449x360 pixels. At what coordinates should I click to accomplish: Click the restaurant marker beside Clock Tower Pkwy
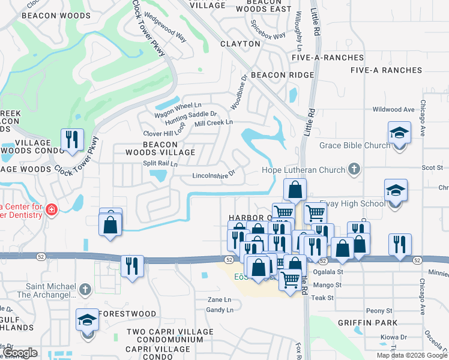(x=72, y=140)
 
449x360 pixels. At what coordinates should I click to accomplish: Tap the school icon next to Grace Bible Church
(x=399, y=132)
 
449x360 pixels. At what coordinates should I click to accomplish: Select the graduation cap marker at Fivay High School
(x=396, y=191)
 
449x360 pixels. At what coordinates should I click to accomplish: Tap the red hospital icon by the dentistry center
(x=52, y=209)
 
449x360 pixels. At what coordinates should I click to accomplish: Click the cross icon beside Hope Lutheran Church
(x=354, y=170)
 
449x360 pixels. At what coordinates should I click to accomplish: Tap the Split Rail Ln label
(x=160, y=163)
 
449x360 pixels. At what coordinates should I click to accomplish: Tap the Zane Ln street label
(x=219, y=299)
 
